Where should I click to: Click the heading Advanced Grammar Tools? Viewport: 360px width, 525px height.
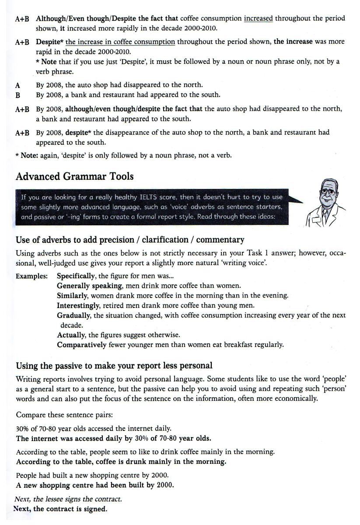click(74, 176)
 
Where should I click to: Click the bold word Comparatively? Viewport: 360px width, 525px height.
click(81, 344)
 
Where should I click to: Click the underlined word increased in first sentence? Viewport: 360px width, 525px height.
click(258, 18)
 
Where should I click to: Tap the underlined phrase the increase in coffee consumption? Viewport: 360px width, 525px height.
click(120, 42)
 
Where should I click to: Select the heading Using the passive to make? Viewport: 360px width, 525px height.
click(114, 365)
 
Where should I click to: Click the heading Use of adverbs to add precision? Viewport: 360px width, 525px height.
click(130, 240)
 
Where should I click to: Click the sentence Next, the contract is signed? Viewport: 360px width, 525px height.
click(60, 509)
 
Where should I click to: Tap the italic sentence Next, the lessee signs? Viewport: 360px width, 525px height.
click(68, 499)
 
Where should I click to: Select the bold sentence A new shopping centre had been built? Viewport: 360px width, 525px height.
click(94, 485)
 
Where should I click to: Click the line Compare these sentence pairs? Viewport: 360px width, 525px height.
click(60, 414)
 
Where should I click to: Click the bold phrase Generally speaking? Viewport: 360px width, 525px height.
click(89, 286)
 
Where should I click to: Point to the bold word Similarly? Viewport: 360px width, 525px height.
click(72, 295)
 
